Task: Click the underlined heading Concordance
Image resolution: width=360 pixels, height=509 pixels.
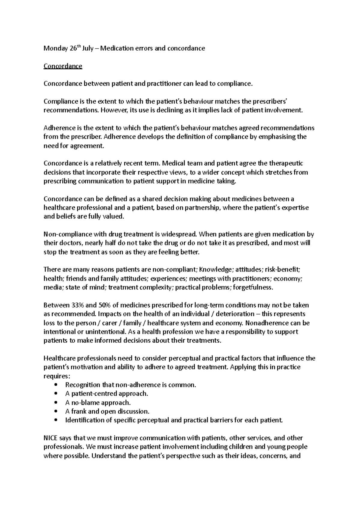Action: click(63, 66)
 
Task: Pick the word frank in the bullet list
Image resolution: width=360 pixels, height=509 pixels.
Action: click(78, 411)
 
